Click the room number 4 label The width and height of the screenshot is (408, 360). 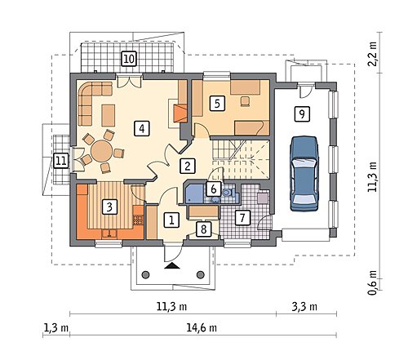142,128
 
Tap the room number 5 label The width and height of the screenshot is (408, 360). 217,104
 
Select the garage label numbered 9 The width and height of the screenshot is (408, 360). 302,113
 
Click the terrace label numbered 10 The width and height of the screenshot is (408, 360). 129,59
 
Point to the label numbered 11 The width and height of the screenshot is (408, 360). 60,161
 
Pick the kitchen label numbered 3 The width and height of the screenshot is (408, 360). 109,207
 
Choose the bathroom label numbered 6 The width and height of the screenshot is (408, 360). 214,189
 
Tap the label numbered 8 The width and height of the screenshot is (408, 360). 203,229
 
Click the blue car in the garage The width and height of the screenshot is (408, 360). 304,174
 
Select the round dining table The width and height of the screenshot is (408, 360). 101,151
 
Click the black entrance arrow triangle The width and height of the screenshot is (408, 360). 172,266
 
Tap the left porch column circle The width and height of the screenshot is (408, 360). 146,274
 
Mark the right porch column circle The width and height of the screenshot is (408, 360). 201,274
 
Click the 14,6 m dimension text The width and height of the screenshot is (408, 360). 202,328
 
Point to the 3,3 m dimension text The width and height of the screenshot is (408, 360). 304,307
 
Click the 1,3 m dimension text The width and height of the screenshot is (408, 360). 56,328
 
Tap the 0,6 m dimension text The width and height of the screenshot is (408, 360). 372,282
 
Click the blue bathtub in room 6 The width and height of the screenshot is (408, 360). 194,193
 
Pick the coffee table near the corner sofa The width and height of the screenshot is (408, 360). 109,115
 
